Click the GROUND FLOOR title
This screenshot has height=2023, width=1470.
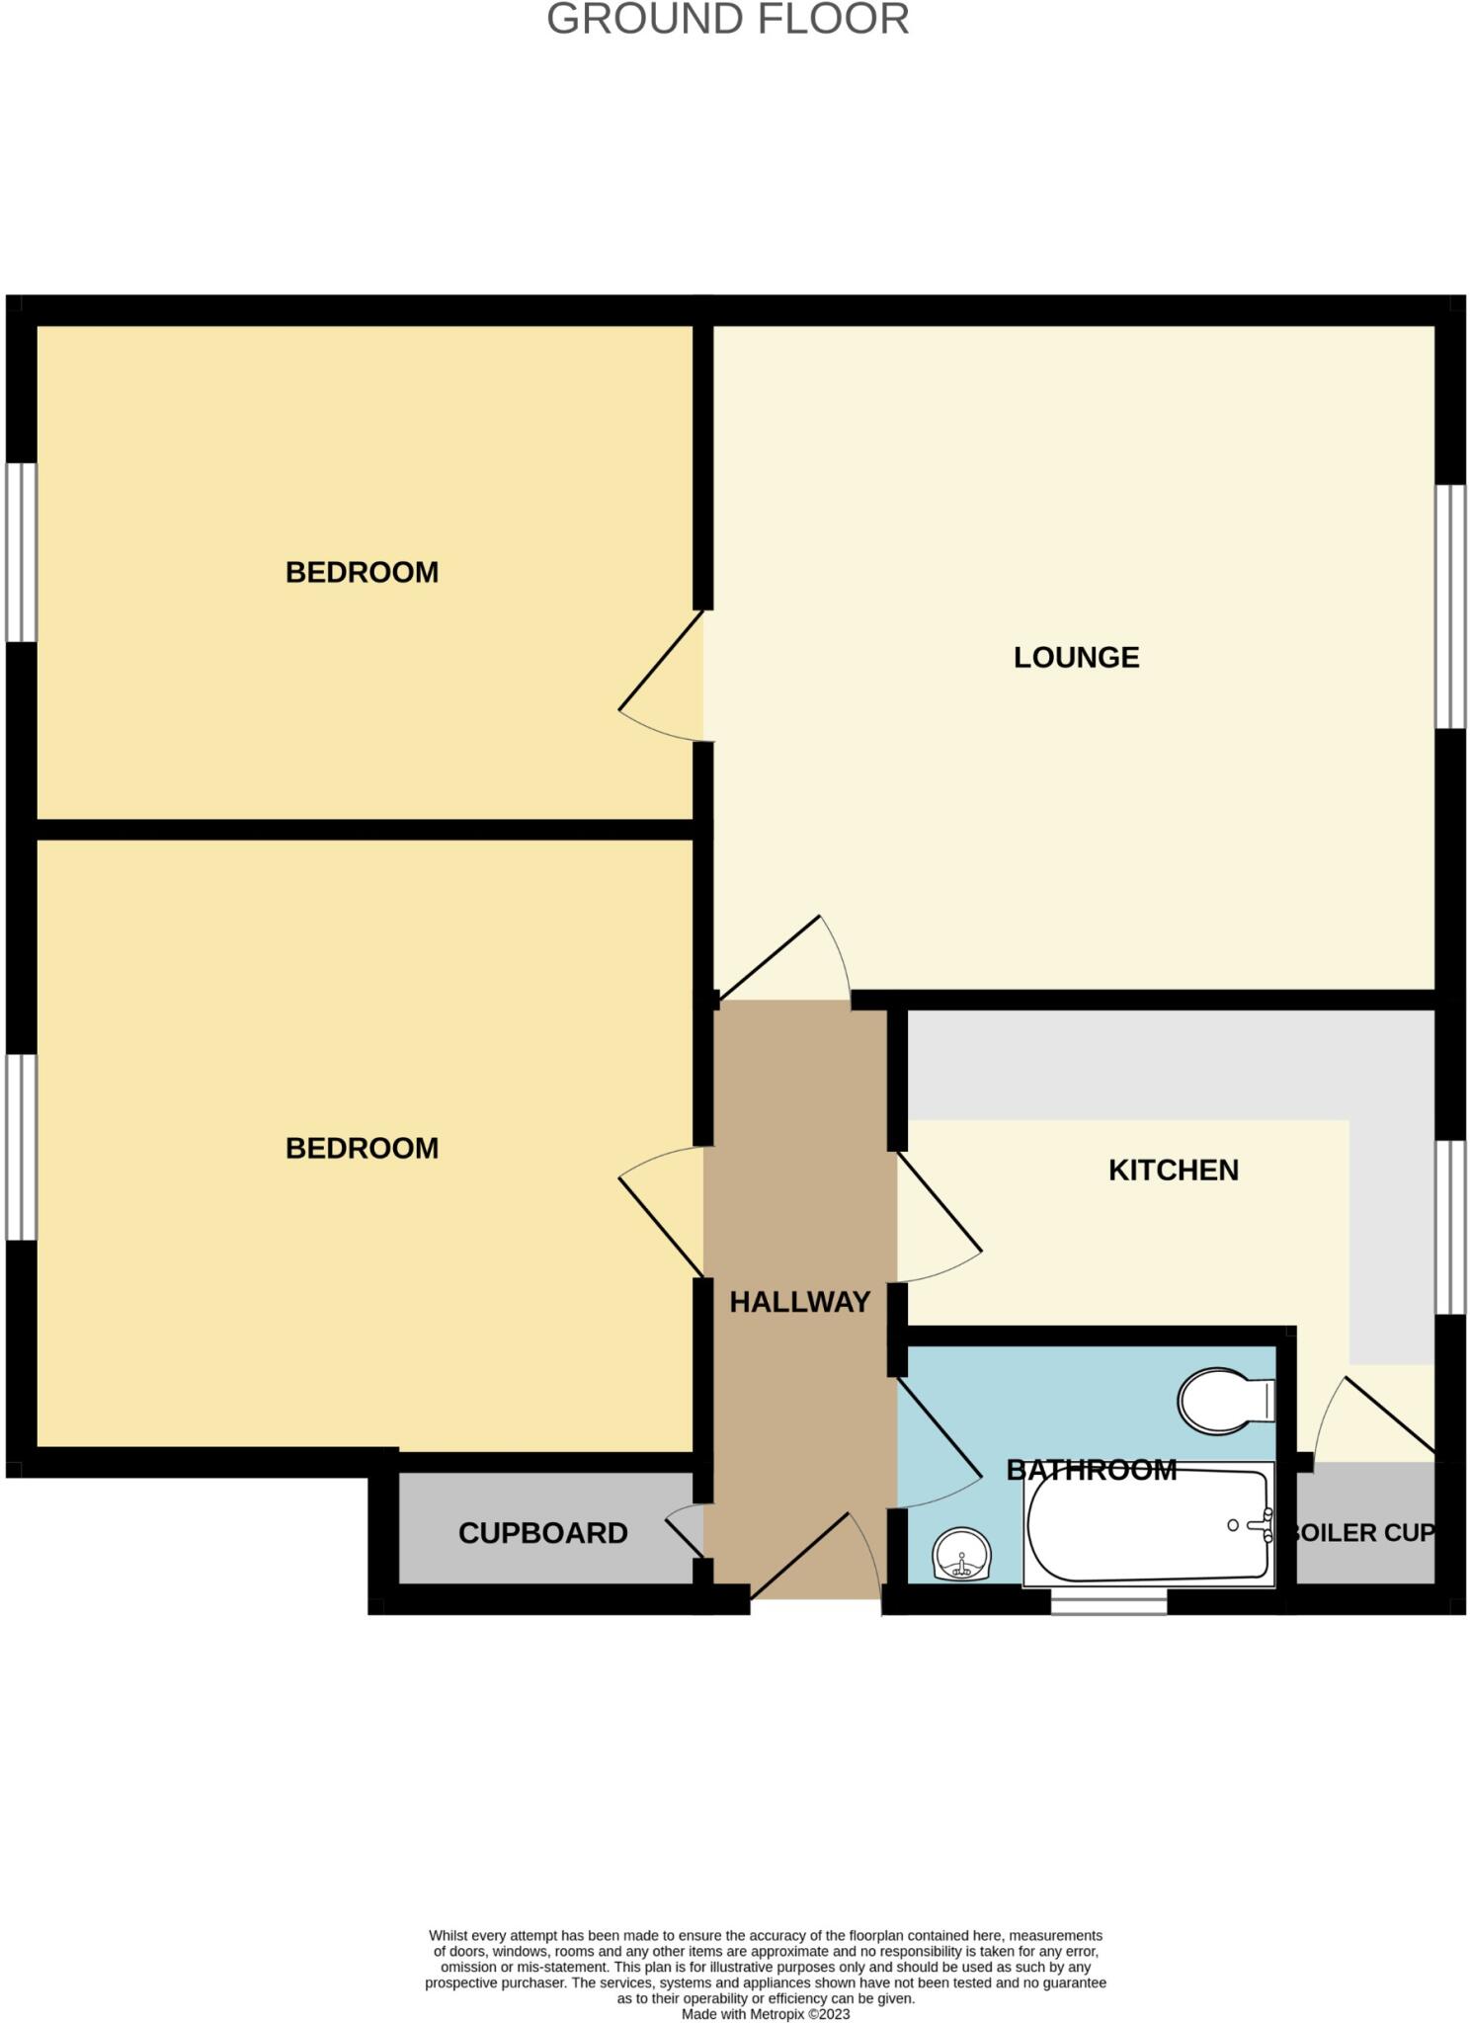[727, 20]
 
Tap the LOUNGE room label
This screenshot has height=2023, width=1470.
[1076, 658]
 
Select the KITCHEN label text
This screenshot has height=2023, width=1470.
[1173, 1171]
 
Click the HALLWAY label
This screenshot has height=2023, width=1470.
[799, 1302]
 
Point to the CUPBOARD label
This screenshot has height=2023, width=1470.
[542, 1533]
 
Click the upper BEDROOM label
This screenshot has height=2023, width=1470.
[362, 573]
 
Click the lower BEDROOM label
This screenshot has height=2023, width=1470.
[362, 1149]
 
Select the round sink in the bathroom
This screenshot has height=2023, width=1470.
[961, 1555]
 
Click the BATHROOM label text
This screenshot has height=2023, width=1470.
[1091, 1470]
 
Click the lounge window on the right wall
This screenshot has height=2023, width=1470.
[1450, 607]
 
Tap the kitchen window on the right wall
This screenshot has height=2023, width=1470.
[1450, 1227]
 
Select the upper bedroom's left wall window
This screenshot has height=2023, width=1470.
[22, 552]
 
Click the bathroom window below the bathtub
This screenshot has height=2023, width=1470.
[1108, 1601]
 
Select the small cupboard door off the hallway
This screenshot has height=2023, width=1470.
[685, 1529]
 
